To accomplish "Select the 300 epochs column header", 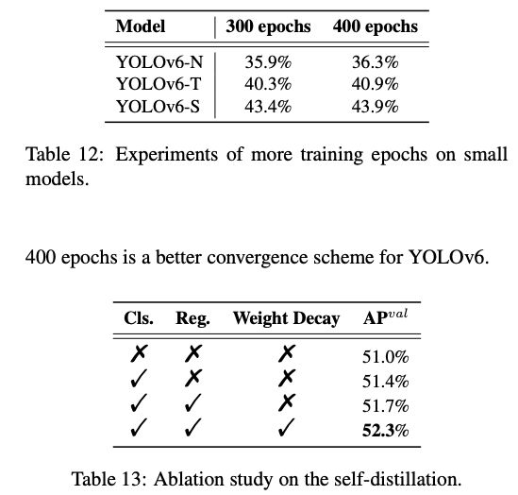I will tap(268, 26).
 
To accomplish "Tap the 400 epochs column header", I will tap(376, 26).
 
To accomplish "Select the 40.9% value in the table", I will tap(376, 84).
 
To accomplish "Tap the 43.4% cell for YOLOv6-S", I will tap(268, 105).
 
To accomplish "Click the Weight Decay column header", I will tap(286, 318).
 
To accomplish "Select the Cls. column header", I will tap(140, 318).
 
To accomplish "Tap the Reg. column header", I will tap(192, 318).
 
